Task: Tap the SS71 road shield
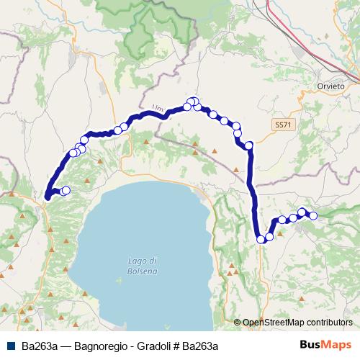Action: (x=283, y=124)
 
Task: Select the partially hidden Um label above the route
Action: (x=158, y=109)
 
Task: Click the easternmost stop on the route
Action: (x=313, y=215)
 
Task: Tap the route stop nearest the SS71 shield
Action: (x=249, y=146)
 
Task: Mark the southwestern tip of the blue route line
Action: (x=47, y=197)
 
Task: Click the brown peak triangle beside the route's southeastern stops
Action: (x=281, y=232)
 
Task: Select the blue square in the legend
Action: (x=13, y=346)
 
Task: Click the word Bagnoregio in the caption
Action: (x=100, y=346)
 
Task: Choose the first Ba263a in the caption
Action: (x=40, y=346)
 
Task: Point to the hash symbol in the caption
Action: (x=176, y=346)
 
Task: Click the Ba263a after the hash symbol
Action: (x=199, y=346)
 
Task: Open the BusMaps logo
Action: (x=330, y=346)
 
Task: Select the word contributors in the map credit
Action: (x=329, y=323)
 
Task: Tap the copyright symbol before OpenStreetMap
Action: (x=238, y=323)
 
